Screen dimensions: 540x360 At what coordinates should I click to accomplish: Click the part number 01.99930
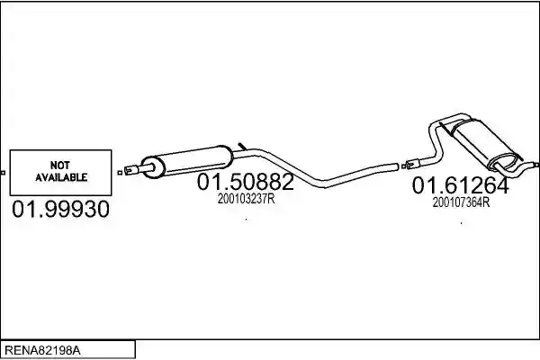pyautogui.click(x=60, y=209)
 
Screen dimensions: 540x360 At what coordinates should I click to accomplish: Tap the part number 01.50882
pyautogui.click(x=245, y=182)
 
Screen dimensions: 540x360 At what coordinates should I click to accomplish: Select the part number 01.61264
pyautogui.click(x=460, y=185)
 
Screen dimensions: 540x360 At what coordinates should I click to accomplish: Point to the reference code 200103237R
pyautogui.click(x=246, y=199)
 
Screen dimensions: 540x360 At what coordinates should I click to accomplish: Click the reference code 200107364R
pyautogui.click(x=461, y=202)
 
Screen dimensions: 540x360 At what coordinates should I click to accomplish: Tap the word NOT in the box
pyautogui.click(x=60, y=166)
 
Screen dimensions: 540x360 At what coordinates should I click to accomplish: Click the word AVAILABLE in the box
pyautogui.click(x=61, y=177)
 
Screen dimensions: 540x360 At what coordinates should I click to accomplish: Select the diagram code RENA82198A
pyautogui.click(x=42, y=351)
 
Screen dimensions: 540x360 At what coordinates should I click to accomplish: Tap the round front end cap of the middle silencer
pyautogui.click(x=153, y=167)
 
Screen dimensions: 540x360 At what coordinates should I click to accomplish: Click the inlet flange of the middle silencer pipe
pyautogui.click(x=131, y=170)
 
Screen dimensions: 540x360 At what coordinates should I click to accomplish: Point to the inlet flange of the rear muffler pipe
pyautogui.click(x=412, y=164)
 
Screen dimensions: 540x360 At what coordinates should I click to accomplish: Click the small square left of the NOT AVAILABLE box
pyautogui.click(x=3, y=173)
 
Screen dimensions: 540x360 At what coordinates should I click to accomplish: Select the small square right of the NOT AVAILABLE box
pyautogui.click(x=120, y=173)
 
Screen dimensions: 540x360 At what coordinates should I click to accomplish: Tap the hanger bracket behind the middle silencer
pyautogui.click(x=242, y=146)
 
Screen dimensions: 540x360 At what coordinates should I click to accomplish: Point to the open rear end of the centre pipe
pyautogui.click(x=396, y=166)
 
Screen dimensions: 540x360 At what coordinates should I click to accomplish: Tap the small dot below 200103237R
pyautogui.click(x=247, y=219)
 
